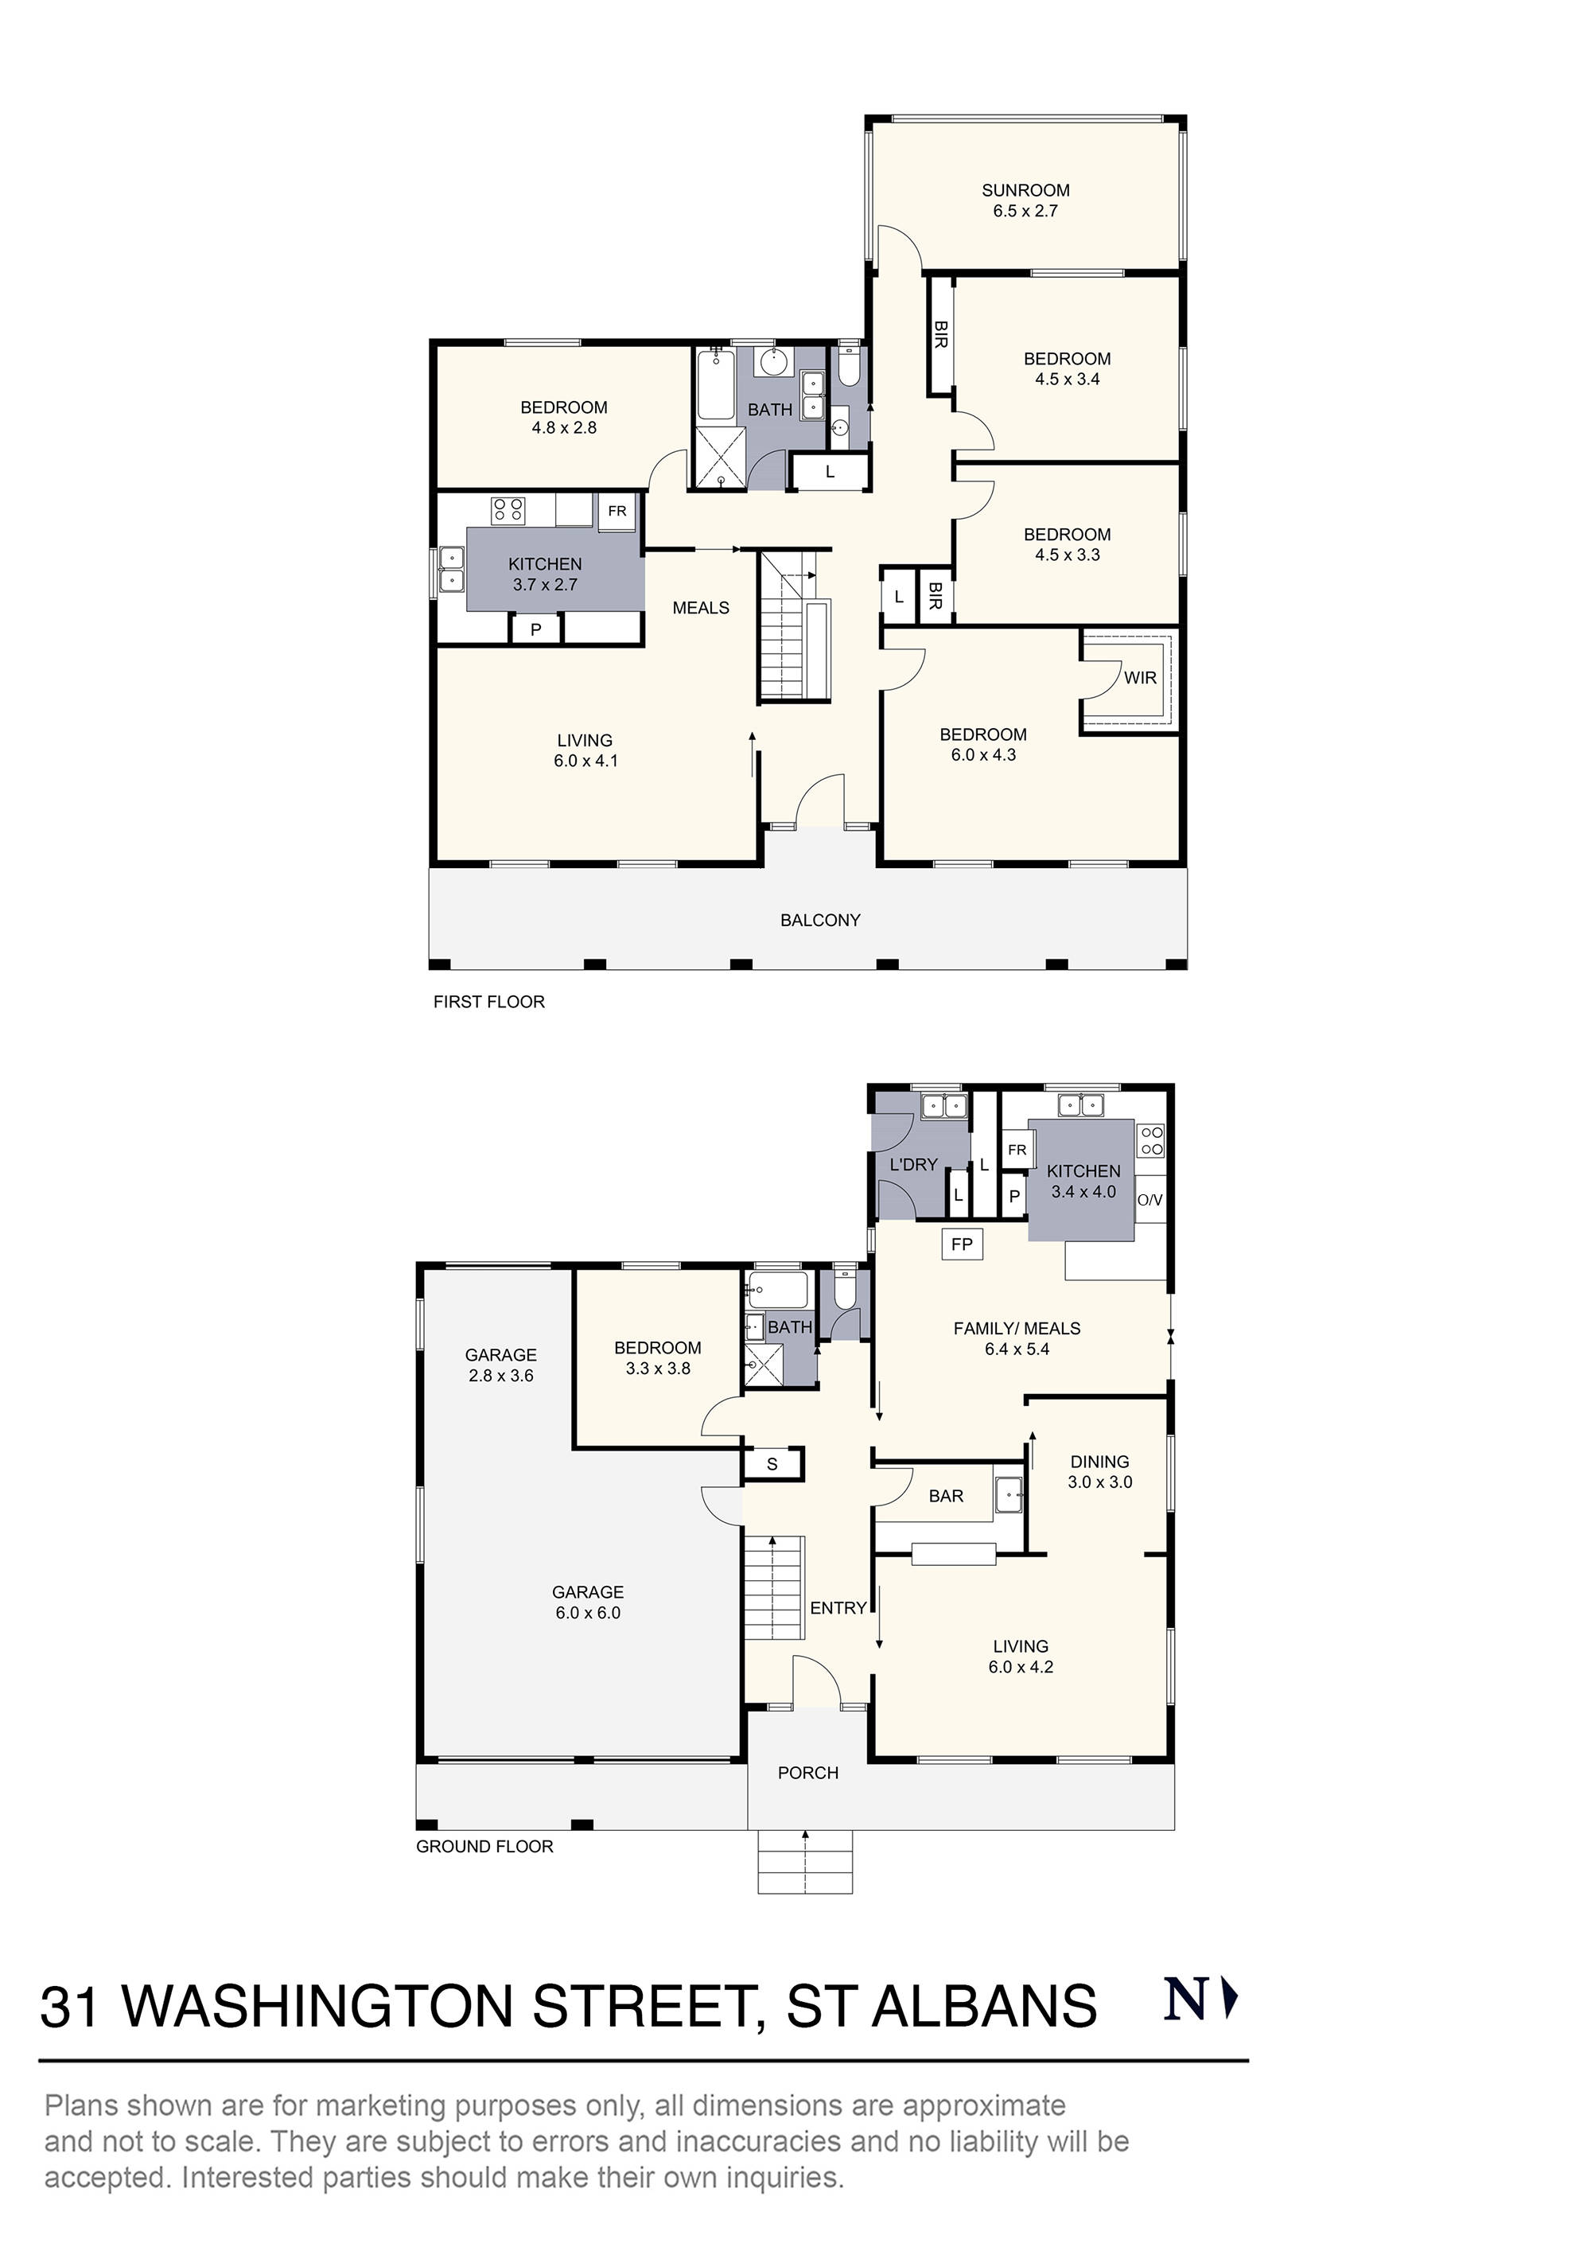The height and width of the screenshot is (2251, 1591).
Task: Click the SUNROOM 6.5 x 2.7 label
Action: pyautogui.click(x=1025, y=200)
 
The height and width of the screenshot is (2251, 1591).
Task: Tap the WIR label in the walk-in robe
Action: pyautogui.click(x=1139, y=677)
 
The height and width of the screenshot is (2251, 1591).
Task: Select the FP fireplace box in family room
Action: pyautogui.click(x=962, y=1244)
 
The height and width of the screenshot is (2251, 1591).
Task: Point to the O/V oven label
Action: pyautogui.click(x=1149, y=1200)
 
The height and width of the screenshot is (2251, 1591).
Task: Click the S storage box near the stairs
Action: pyautogui.click(x=772, y=1465)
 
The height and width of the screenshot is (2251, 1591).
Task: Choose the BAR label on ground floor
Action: pyautogui.click(x=945, y=1496)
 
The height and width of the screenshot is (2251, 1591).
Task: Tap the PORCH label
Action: pyautogui.click(x=807, y=1773)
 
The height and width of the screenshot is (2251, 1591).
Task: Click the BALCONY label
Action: pyautogui.click(x=819, y=920)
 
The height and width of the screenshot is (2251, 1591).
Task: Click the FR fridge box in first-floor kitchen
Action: pyautogui.click(x=617, y=511)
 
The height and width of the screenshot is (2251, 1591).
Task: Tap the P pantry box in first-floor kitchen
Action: pyautogui.click(x=535, y=629)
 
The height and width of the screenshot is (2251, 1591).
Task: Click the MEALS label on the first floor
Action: pyautogui.click(x=700, y=608)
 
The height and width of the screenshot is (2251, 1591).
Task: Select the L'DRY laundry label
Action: pyautogui.click(x=912, y=1165)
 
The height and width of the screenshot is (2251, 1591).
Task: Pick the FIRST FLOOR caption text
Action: pyautogui.click(x=488, y=1001)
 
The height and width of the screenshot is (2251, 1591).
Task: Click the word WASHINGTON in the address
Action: pyautogui.click(x=317, y=2007)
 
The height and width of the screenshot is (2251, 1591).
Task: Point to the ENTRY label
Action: pyautogui.click(x=838, y=1608)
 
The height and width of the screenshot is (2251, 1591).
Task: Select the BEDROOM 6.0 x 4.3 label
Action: pyautogui.click(x=982, y=744)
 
